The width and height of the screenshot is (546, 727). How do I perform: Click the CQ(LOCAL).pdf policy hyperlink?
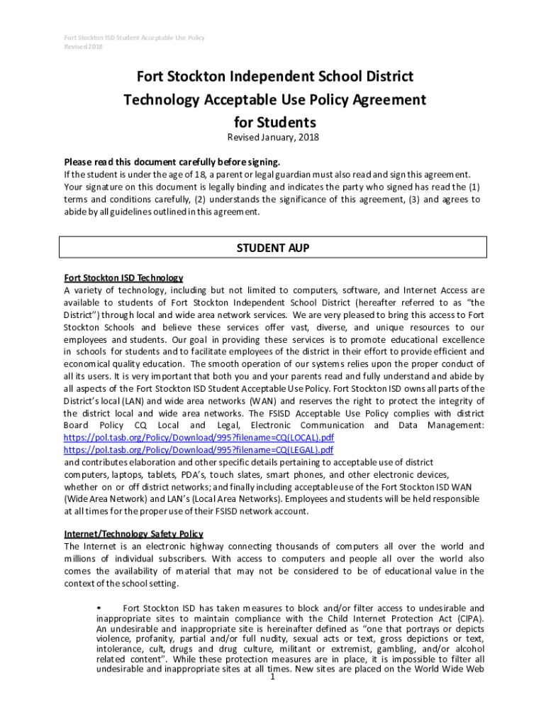[x=199, y=437]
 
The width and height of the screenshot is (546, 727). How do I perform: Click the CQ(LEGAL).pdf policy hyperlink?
[x=199, y=449]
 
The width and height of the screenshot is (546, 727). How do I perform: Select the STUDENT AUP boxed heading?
[x=272, y=248]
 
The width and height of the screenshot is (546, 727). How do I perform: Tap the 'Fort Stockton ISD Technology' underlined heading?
[x=123, y=278]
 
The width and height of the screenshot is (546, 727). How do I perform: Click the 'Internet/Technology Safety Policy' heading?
[x=133, y=534]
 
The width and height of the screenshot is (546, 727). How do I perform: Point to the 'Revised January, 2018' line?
[x=273, y=137]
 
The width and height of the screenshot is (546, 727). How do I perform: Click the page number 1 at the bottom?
[x=272, y=676]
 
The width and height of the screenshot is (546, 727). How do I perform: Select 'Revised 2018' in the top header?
[x=84, y=47]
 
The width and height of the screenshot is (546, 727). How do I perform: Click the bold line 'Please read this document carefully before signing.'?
[x=167, y=161]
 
